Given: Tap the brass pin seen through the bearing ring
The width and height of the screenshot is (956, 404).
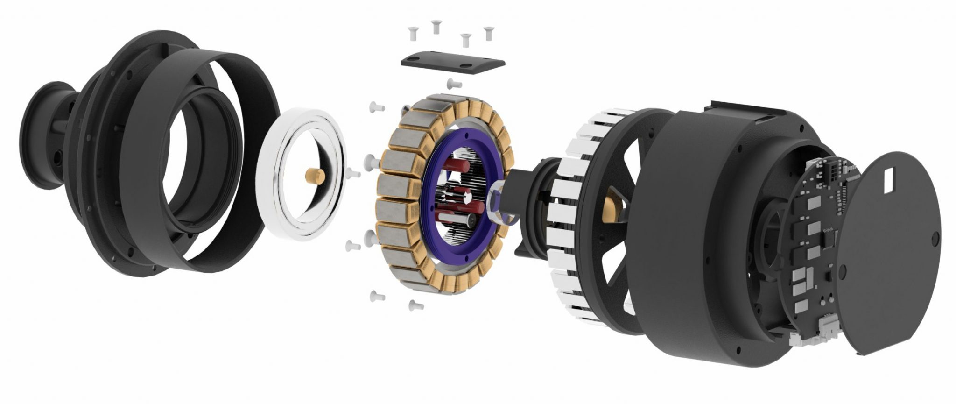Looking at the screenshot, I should tap(312, 177).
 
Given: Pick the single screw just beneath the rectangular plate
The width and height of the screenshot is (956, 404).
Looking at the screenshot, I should tap(454, 84).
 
